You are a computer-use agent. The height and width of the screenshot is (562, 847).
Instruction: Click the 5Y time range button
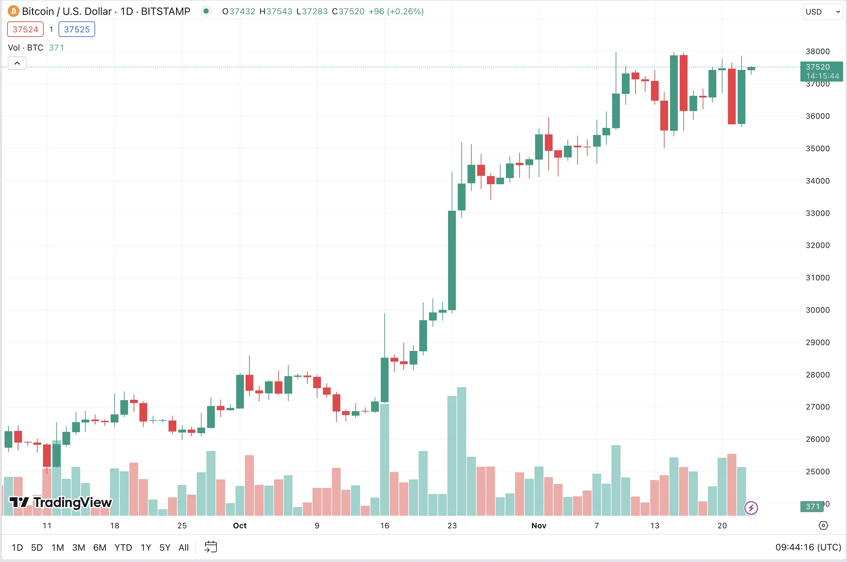click(165, 547)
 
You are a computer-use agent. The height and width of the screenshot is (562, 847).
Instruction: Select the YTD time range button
click(123, 547)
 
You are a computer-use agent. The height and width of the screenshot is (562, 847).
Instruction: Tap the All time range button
click(183, 547)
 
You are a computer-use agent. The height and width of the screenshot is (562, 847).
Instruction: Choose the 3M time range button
click(78, 547)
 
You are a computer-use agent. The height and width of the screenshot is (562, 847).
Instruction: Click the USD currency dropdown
click(822, 12)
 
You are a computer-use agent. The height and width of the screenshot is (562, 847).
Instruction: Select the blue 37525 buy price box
click(77, 29)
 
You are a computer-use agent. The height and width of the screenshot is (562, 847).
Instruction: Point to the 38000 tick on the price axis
click(817, 51)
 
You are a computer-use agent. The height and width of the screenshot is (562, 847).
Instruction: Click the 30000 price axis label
click(817, 310)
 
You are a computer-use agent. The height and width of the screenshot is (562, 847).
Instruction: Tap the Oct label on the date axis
click(240, 525)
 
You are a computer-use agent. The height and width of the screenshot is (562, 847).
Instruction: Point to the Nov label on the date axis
click(539, 525)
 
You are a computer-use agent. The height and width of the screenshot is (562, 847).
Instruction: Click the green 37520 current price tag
click(821, 71)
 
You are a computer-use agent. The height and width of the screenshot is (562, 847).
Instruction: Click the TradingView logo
click(60, 502)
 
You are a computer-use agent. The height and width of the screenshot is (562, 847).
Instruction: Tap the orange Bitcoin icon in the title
click(13, 11)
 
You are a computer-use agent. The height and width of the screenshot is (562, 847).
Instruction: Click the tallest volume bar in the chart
click(462, 452)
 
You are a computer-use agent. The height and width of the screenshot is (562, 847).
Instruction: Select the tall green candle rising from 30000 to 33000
click(452, 261)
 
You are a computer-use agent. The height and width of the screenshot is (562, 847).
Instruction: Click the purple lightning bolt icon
click(751, 508)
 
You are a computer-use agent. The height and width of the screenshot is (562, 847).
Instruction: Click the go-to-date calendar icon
click(211, 547)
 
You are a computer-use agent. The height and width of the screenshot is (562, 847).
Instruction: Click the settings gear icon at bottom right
click(823, 525)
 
